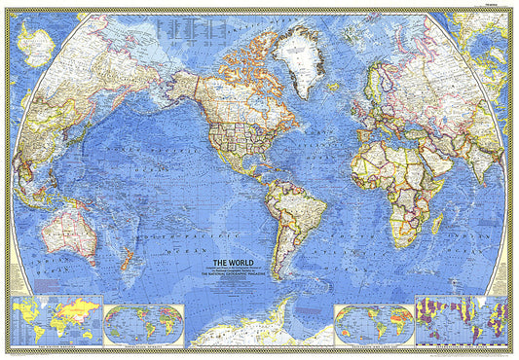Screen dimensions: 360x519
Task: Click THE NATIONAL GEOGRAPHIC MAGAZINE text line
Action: click(233, 275)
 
